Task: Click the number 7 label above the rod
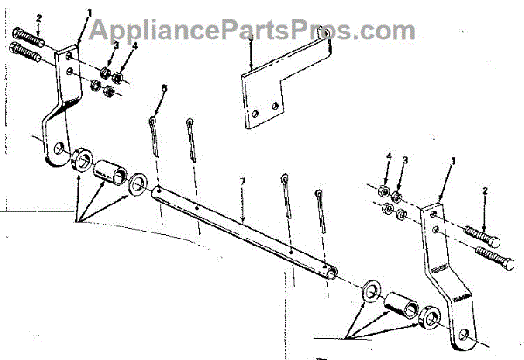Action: click(244, 181)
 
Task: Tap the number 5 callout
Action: click(162, 88)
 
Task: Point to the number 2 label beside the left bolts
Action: click(15, 17)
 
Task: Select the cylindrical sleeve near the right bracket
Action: click(403, 305)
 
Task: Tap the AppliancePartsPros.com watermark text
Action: click(262, 31)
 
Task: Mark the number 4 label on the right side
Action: click(388, 157)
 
